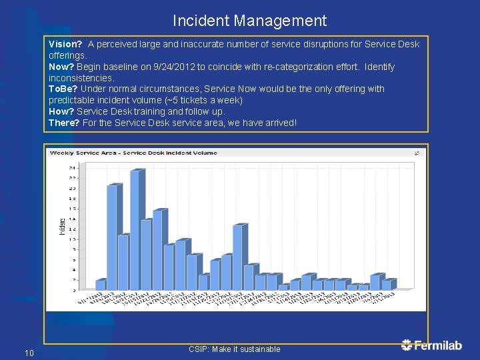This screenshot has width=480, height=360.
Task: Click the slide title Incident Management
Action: tap(249, 21)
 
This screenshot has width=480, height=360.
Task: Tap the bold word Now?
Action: tap(61, 67)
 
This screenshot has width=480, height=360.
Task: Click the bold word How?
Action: tap(61, 111)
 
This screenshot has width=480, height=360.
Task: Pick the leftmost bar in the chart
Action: tap(100, 285)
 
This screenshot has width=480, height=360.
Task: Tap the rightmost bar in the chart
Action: tap(387, 285)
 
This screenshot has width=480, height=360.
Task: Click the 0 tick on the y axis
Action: tap(73, 291)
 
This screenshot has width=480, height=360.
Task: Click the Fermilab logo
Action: tap(431, 345)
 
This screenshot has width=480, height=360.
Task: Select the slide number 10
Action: tap(29, 353)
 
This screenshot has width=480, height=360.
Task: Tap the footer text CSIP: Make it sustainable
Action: tap(234, 349)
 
